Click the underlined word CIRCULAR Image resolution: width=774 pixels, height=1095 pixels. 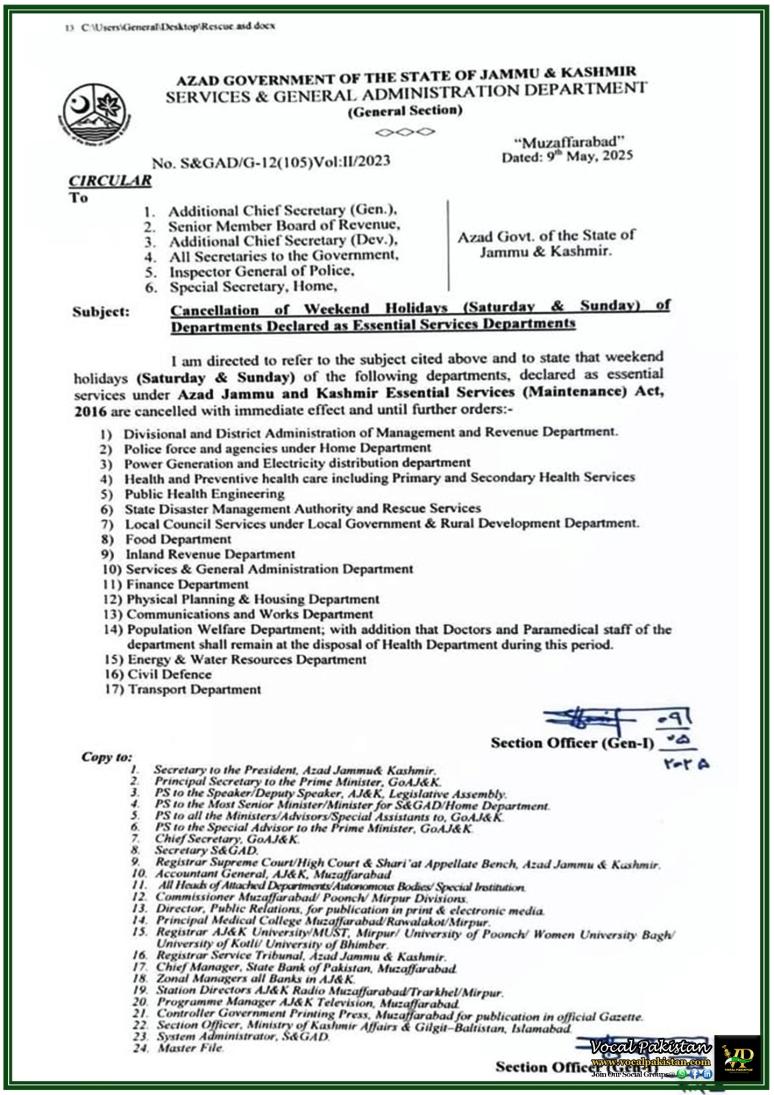pos(109,181)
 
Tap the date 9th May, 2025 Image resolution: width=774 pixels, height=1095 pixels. pos(567,156)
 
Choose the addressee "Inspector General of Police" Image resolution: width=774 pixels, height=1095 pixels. pos(262,271)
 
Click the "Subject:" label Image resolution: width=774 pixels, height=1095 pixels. pos(100,312)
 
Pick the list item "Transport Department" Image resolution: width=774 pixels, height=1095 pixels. pos(194,690)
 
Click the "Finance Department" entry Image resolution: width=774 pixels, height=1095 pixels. pos(187,584)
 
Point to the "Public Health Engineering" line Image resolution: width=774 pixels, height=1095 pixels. pos(204,494)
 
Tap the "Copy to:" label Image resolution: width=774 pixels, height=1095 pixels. pos(106,757)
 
